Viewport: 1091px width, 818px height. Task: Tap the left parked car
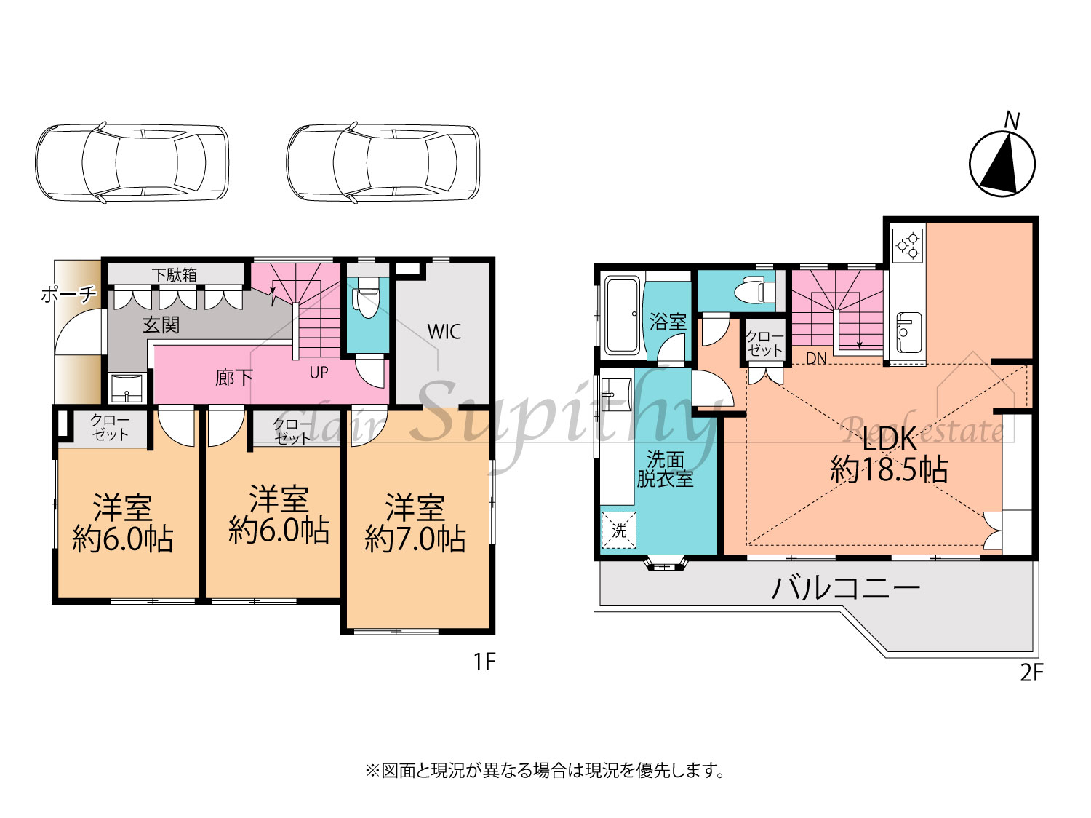[x=132, y=162]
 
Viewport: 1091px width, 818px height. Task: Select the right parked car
[x=383, y=162]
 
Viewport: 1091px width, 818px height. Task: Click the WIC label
[x=444, y=332]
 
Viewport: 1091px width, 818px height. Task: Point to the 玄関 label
[x=161, y=325]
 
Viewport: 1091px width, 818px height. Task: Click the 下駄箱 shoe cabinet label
[x=175, y=274]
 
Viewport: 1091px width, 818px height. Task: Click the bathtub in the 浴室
[x=623, y=315]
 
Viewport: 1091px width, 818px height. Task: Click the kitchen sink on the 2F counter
[x=908, y=333]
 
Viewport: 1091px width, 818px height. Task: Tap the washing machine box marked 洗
[x=618, y=530]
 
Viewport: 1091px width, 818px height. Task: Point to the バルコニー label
[x=846, y=589]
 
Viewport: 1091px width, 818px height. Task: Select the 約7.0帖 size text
[x=415, y=539]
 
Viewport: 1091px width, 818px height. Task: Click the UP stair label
[x=319, y=373]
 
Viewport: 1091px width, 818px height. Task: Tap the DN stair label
[x=815, y=359]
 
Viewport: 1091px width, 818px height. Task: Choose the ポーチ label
[x=68, y=295]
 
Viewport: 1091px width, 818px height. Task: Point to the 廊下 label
[x=233, y=378]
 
